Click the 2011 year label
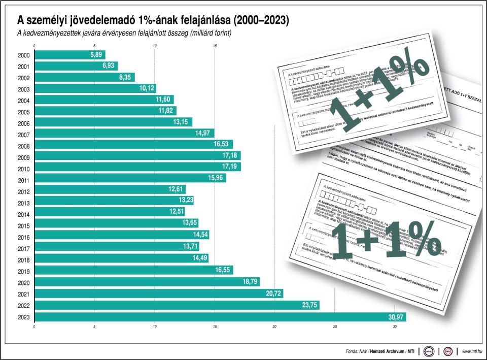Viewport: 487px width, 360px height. coord(24,180)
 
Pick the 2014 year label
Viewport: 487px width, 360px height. coord(24,214)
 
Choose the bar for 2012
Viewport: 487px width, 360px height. coord(110,190)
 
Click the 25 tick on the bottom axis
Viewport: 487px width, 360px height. coord(335,326)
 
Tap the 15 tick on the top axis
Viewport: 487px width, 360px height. coord(215,46)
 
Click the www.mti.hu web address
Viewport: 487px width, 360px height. coord(472,351)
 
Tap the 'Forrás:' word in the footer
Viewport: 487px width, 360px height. coord(352,351)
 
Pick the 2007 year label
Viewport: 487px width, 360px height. coord(24,135)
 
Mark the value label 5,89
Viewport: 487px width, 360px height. coord(97,54)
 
